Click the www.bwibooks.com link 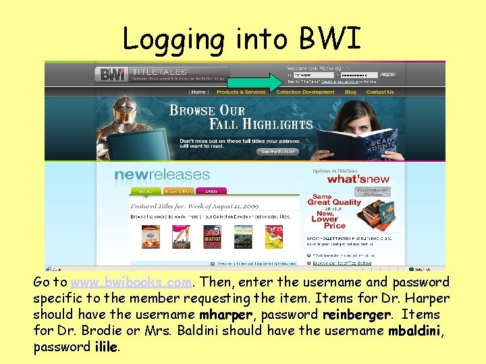tap(133, 282)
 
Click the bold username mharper tap(225, 315)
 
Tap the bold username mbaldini tap(414, 331)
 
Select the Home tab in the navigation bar tap(198, 92)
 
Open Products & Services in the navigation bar tap(241, 92)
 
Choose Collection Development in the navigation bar tap(305, 92)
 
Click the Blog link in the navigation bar tap(350, 92)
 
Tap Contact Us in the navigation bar tap(380, 92)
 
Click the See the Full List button tap(279, 152)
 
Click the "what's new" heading tap(358, 179)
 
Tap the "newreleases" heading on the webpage tap(162, 175)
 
